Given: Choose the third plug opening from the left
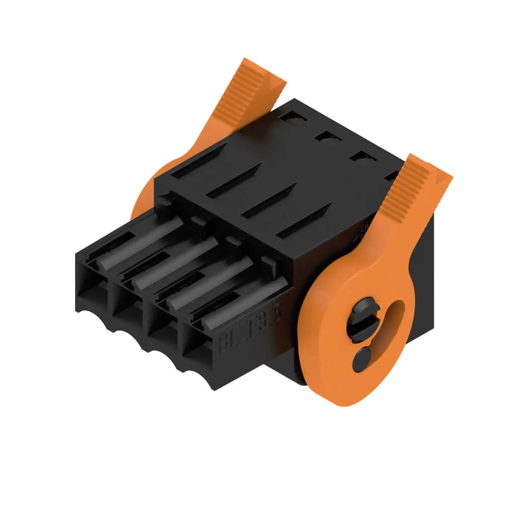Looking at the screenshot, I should pos(162,331).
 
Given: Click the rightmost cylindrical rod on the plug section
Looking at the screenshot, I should pos(243,301).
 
